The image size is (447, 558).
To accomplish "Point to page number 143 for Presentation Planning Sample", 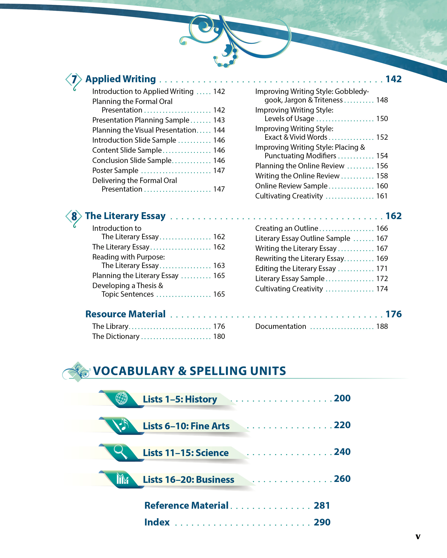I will [219, 120].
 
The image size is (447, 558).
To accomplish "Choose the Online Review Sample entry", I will [291, 186].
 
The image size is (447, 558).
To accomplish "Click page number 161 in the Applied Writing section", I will [382, 196].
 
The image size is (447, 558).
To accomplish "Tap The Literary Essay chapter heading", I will [125, 216].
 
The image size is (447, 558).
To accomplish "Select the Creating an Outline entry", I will [287, 228].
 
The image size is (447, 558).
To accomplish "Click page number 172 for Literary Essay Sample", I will [382, 278].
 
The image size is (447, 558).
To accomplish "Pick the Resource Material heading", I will [125, 314].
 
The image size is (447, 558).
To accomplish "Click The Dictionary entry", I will [116, 336].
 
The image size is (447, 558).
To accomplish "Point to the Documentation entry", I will [281, 326].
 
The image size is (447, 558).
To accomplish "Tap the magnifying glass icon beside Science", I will [120, 451].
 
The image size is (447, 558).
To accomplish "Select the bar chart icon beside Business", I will [122, 479].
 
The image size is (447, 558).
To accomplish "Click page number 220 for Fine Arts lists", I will [342, 425].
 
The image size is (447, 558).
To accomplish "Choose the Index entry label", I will [157, 522].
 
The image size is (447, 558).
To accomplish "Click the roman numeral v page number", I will [418, 537].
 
